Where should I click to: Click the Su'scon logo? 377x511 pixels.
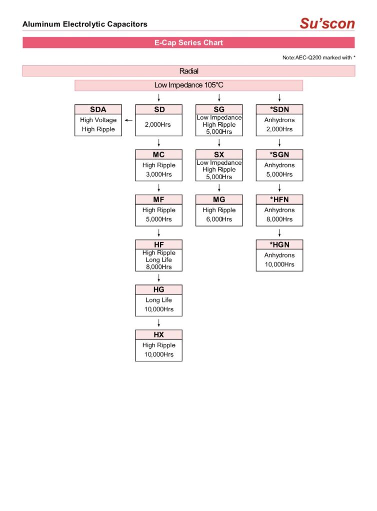tap(327, 23)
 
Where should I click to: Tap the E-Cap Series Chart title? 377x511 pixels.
tap(188, 43)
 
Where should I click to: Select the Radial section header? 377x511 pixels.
tap(188, 71)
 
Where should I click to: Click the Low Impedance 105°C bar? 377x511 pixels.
tap(188, 85)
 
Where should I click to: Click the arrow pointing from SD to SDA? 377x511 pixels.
tap(128, 120)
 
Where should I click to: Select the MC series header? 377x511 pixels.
tap(158, 155)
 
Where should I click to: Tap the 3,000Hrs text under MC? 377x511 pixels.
tap(158, 174)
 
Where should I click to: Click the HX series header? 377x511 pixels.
tap(158, 335)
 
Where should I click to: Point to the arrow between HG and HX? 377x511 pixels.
tap(158, 323)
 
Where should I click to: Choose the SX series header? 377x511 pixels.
tap(219, 155)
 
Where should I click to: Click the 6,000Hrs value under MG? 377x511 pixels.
tap(219, 219)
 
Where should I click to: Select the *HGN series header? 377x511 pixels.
tap(279, 245)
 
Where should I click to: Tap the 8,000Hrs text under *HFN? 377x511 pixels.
tap(279, 219)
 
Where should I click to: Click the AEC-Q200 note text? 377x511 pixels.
tap(318, 58)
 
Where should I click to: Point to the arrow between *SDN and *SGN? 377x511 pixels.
tap(279, 143)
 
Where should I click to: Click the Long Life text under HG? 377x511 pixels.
tap(158, 300)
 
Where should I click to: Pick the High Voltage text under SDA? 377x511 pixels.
tap(98, 120)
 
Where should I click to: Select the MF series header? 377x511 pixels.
tap(158, 200)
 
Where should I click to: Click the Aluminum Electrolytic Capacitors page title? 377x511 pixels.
tap(85, 24)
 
